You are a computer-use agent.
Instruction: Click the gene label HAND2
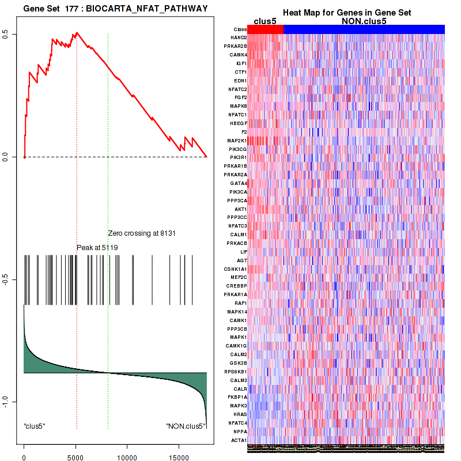(239, 37)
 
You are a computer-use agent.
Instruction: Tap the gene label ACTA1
(239, 440)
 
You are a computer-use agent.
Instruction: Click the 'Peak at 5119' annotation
(97, 247)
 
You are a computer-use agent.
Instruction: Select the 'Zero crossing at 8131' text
(141, 233)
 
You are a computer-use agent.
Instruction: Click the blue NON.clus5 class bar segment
(364, 29)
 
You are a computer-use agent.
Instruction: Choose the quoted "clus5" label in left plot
(35, 426)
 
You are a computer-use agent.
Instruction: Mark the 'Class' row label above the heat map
(240, 29)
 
